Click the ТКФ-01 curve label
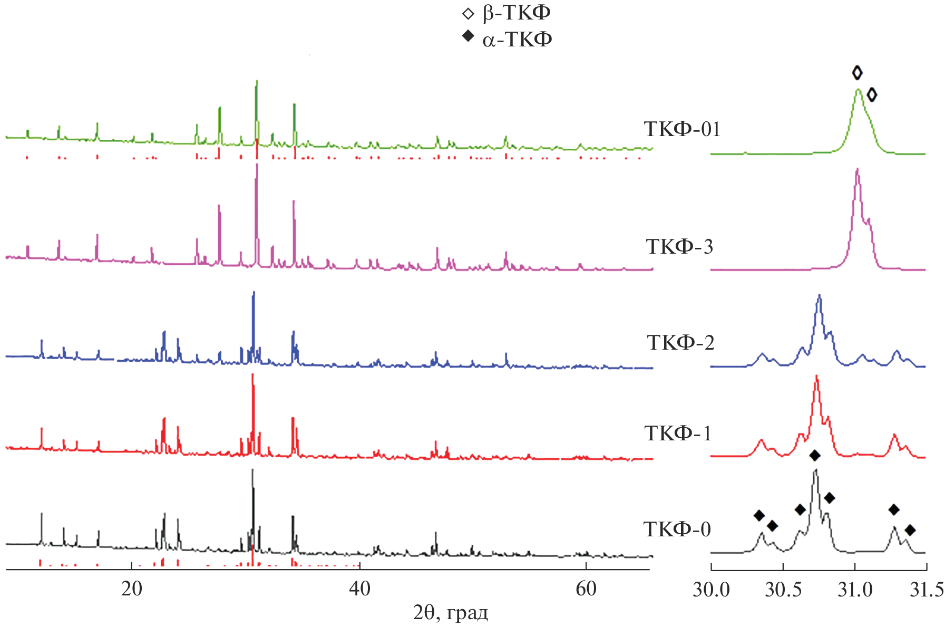click(681, 129)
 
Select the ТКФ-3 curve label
click(679, 247)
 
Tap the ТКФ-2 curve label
click(680, 343)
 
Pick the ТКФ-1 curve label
click(678, 434)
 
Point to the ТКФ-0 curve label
click(677, 529)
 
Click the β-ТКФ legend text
click(517, 13)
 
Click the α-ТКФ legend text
click(517, 40)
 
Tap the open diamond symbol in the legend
click(468, 14)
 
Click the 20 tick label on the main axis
click(131, 589)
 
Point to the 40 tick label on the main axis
click(359, 589)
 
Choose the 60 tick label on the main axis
click(586, 589)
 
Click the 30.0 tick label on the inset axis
click(711, 590)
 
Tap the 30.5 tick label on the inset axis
click(783, 590)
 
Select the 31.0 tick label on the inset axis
click(855, 590)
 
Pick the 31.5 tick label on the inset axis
click(927, 590)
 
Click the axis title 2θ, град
click(451, 613)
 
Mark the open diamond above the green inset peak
click(857, 73)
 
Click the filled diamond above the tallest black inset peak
click(815, 455)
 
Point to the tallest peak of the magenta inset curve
click(858, 170)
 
